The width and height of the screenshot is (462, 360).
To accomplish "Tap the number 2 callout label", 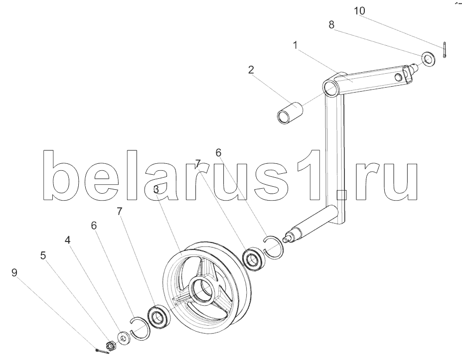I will click(x=251, y=69).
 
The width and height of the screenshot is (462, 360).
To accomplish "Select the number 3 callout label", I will click(x=156, y=189).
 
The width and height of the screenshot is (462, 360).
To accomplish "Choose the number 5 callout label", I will click(x=43, y=255).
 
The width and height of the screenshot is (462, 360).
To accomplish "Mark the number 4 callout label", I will click(x=67, y=240).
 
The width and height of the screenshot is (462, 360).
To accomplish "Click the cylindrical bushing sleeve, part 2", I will click(x=290, y=112).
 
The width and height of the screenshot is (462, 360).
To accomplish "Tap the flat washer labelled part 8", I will click(x=427, y=58).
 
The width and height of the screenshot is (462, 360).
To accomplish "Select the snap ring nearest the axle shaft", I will click(x=274, y=247).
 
